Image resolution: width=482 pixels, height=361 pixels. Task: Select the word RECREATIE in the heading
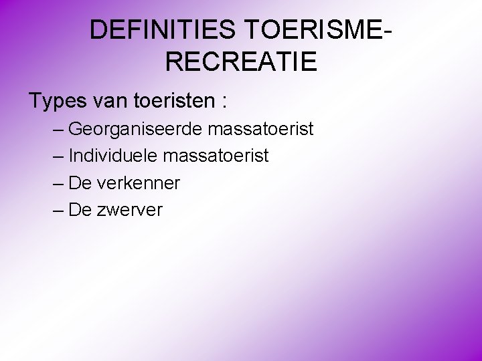click(241, 62)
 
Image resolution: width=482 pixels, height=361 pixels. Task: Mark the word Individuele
click(113, 156)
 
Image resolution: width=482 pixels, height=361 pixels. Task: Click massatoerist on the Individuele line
click(216, 156)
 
